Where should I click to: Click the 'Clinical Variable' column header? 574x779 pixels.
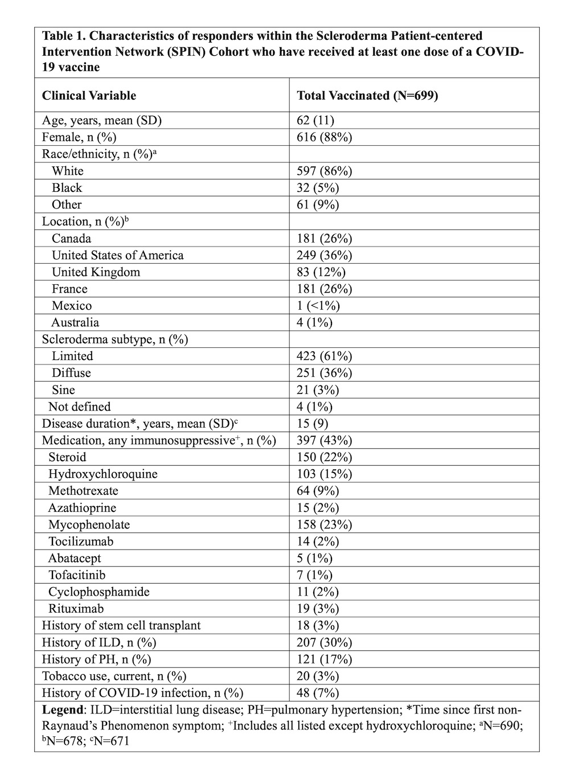pos(89,95)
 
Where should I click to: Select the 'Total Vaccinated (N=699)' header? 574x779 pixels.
pos(367,95)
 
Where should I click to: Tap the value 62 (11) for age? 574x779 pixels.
pos(315,120)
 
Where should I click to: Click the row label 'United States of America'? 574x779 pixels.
pos(117,255)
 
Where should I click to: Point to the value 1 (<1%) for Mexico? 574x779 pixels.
pos(318,306)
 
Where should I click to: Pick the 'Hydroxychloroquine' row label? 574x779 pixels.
pos(102,474)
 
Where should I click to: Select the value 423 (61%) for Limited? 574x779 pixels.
pos(324,356)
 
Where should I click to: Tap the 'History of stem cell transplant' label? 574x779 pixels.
pos(121,625)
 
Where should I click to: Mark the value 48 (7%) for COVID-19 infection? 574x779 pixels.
pos(318,693)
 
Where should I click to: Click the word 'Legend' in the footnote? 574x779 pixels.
pos(63,710)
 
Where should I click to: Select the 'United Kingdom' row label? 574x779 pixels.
pos(96,272)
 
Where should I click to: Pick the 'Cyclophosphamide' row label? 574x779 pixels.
pos(99,592)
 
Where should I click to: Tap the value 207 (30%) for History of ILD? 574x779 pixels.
pos(324,642)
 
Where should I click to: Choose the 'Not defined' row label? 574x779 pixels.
pos(79,407)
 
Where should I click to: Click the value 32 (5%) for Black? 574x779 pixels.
pos(318,188)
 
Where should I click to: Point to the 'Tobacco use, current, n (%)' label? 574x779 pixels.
pos(114,676)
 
